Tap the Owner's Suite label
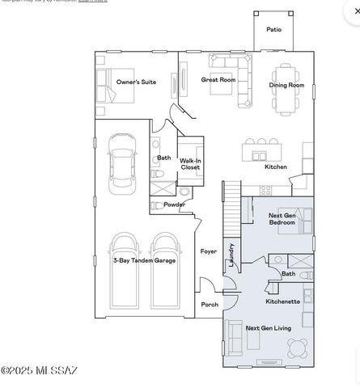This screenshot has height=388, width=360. pyautogui.click(x=136, y=82)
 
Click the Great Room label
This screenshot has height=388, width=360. pyautogui.click(x=218, y=79)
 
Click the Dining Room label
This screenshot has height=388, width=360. pyautogui.click(x=287, y=85)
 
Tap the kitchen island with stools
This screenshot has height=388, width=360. pyautogui.click(x=261, y=150)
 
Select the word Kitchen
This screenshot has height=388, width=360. pyautogui.click(x=276, y=167)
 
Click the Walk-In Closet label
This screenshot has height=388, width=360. pyautogui.click(x=190, y=163)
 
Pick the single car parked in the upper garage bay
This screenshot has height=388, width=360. pyautogui.click(x=121, y=158)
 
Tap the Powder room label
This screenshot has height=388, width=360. pyautogui.click(x=175, y=205)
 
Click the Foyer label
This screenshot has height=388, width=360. pyautogui.click(x=209, y=251)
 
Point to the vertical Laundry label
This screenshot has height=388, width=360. pyautogui.click(x=232, y=255)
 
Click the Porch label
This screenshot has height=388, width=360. pyautogui.click(x=209, y=305)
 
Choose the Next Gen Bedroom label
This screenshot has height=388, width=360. pyautogui.click(x=285, y=218)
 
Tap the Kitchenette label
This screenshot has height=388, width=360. pyautogui.click(x=283, y=302)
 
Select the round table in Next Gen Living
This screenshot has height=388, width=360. pyautogui.click(x=297, y=347)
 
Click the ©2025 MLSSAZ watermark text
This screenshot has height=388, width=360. pyautogui.click(x=40, y=371)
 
